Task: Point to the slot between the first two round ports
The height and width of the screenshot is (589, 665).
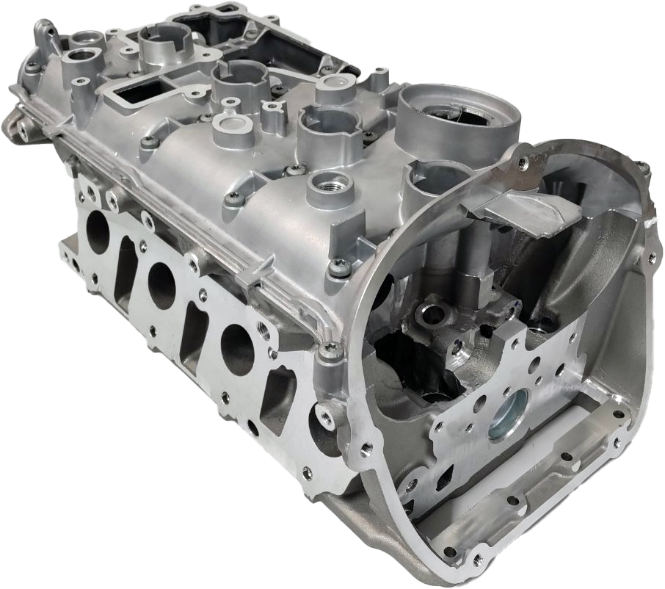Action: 126,264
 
